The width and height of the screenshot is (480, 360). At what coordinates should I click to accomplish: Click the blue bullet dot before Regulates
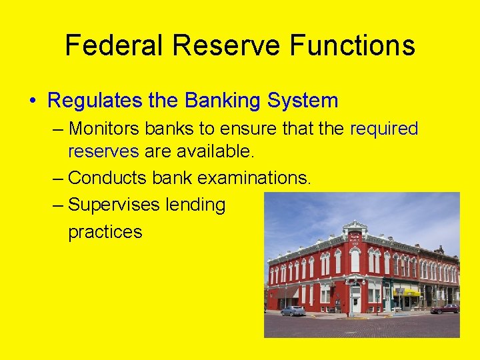(33, 101)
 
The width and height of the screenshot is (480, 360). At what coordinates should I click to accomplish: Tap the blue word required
(384, 128)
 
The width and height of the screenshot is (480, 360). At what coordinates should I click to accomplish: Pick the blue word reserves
(103, 151)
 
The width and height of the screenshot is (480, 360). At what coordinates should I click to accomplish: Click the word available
(215, 151)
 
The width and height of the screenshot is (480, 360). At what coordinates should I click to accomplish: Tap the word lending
(198, 205)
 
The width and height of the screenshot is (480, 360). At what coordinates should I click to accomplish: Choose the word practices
(105, 232)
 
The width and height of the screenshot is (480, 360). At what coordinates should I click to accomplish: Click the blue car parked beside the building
(293, 311)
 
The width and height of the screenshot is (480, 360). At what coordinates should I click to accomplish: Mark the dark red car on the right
(445, 309)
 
